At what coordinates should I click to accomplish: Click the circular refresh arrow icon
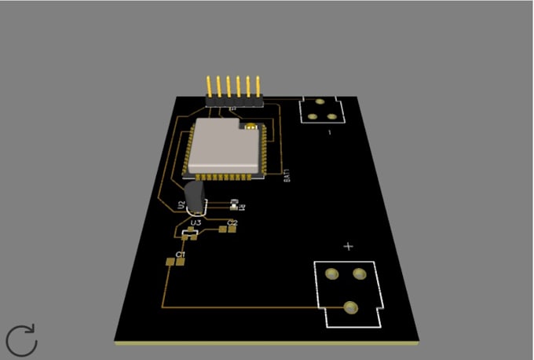click(22, 340)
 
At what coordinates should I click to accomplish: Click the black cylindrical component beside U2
click(194, 197)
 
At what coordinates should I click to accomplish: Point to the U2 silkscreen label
click(181, 205)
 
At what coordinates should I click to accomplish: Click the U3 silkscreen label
click(196, 223)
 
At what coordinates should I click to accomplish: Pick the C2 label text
click(232, 223)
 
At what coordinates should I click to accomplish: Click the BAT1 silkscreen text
click(287, 174)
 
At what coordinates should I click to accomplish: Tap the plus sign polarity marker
click(349, 246)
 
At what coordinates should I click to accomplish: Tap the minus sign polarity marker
click(329, 133)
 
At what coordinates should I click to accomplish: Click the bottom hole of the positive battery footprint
click(350, 307)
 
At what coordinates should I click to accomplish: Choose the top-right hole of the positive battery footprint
click(360, 274)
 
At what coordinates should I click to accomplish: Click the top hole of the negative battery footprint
click(320, 103)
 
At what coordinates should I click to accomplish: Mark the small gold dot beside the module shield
click(251, 127)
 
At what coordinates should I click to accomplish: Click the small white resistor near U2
click(233, 204)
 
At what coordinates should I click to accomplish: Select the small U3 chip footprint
click(189, 233)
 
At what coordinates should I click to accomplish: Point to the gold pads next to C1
click(174, 263)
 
